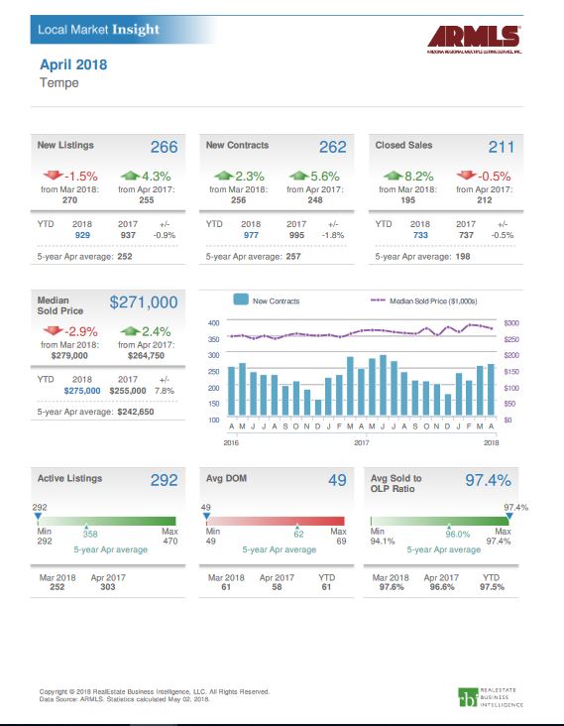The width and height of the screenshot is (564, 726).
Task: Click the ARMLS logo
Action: tap(474, 39)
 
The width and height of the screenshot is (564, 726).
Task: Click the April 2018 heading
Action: tap(72, 64)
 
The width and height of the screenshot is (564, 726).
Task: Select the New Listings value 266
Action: tap(164, 147)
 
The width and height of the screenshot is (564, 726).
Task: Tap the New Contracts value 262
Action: tap(332, 147)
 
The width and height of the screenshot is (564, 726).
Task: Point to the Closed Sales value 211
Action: tap(501, 147)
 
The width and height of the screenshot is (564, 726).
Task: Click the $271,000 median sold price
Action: tap(143, 302)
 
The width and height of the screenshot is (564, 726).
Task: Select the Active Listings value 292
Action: tap(164, 481)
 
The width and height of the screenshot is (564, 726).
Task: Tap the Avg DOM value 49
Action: tap(336, 481)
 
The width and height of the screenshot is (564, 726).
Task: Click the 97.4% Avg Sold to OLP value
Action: tap(488, 481)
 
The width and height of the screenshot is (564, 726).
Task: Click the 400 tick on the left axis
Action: tap(213, 323)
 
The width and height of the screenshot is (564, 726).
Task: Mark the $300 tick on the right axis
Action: tap(511, 323)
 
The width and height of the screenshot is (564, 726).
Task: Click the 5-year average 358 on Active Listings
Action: tap(90, 533)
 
